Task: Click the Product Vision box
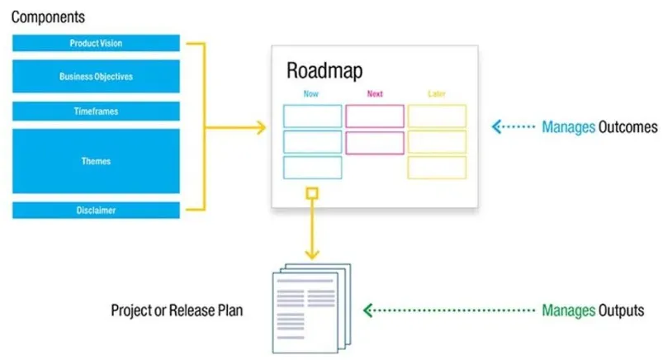pyautogui.click(x=96, y=43)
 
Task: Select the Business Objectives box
pyautogui.click(x=96, y=76)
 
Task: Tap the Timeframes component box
pyautogui.click(x=96, y=111)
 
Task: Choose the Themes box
pyautogui.click(x=96, y=161)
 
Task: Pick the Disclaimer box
pyautogui.click(x=96, y=210)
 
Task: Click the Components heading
pyautogui.click(x=48, y=17)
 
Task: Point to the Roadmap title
pyautogui.click(x=324, y=71)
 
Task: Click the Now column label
pyautogui.click(x=310, y=94)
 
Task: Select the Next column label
pyautogui.click(x=375, y=94)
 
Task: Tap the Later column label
pyautogui.click(x=436, y=94)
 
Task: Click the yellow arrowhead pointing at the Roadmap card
pyautogui.click(x=261, y=127)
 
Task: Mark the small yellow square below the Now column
pyautogui.click(x=312, y=193)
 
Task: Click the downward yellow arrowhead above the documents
pyautogui.click(x=312, y=253)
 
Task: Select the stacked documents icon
pyautogui.click(x=311, y=308)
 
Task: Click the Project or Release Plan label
pyautogui.click(x=177, y=310)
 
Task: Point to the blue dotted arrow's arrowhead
pyautogui.click(x=497, y=127)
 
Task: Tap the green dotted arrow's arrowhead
pyautogui.click(x=367, y=310)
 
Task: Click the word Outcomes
pyautogui.click(x=628, y=127)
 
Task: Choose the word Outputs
pyautogui.click(x=621, y=310)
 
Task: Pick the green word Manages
pyautogui.click(x=568, y=310)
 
